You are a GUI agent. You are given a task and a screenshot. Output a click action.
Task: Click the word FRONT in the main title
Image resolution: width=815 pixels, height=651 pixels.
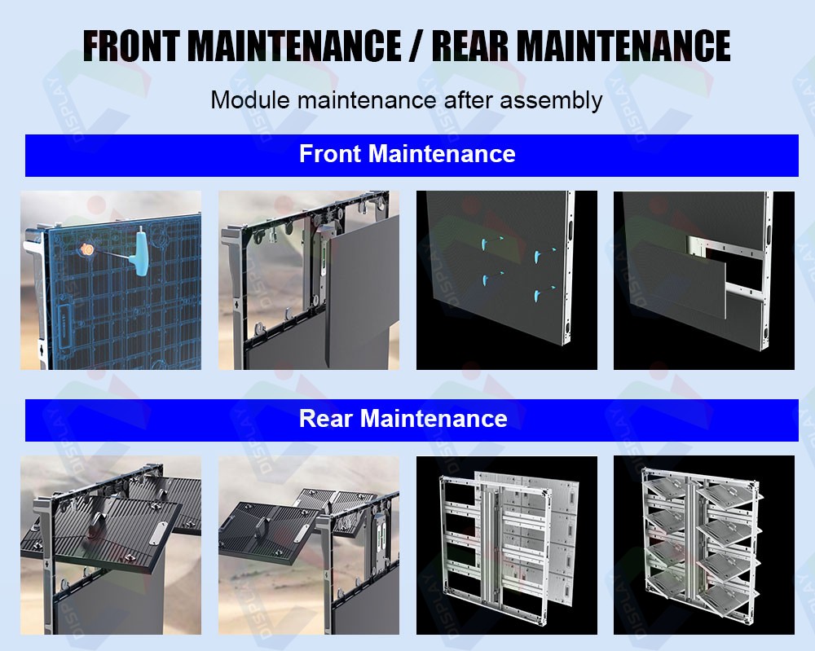click(x=132, y=46)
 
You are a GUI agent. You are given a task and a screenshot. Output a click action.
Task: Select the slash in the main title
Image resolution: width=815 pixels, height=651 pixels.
click(x=416, y=46)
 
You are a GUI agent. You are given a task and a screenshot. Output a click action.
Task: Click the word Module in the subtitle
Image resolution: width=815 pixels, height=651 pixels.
click(x=250, y=99)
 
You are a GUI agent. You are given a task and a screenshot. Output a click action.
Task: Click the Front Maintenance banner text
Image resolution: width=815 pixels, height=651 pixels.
click(x=407, y=154)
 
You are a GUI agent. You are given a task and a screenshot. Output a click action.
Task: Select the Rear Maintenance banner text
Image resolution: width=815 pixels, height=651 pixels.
click(x=403, y=418)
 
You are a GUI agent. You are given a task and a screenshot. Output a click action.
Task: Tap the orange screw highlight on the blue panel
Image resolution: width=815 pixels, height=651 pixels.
click(x=86, y=249)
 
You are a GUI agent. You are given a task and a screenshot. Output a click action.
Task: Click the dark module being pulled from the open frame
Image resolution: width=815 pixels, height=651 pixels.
click(x=363, y=291)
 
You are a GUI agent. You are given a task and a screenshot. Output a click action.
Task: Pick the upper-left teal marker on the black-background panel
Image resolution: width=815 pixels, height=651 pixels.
click(x=484, y=244)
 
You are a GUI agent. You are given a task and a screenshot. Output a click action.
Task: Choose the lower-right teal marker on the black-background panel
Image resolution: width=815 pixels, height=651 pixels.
click(x=537, y=297)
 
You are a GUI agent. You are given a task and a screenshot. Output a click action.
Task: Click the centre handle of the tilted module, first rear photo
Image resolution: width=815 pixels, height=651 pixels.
click(x=95, y=525)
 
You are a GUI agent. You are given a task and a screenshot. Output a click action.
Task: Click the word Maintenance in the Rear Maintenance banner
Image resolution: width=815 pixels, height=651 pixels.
click(x=434, y=418)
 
